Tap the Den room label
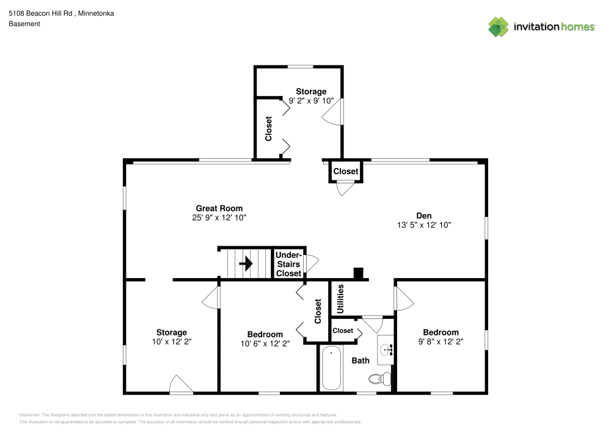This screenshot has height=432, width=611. (424, 215)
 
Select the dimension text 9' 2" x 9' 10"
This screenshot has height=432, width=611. (311, 101)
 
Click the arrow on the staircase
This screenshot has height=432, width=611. (246, 263)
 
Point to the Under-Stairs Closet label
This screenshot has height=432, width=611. (288, 264)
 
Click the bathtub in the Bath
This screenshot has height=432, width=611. (331, 368)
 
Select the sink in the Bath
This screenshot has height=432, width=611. (386, 350)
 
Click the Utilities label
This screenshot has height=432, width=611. (341, 299)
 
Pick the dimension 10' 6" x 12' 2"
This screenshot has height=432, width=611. (265, 343)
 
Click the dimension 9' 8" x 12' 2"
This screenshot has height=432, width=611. (441, 342)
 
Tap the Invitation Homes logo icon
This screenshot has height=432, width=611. (499, 26)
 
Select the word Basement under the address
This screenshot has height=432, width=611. (24, 24)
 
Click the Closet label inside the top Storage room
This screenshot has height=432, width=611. (268, 129)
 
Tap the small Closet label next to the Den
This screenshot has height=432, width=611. (346, 172)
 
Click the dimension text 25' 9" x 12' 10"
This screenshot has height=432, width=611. (219, 218)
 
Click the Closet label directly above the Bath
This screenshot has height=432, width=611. (343, 331)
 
